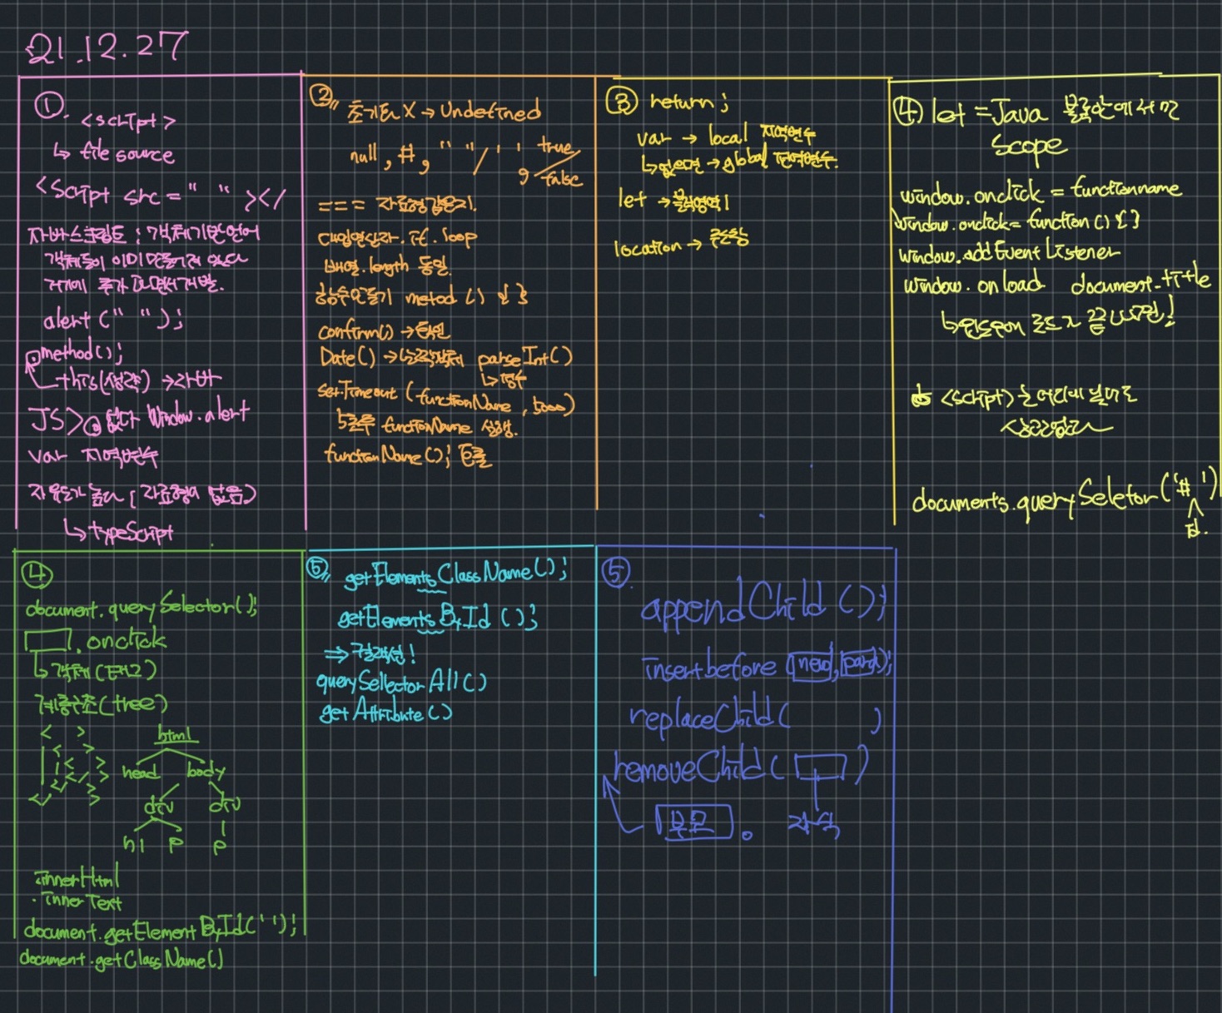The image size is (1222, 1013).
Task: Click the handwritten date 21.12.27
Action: [107, 48]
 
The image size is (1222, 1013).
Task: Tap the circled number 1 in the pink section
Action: [49, 107]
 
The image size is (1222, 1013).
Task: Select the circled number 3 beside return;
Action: [622, 102]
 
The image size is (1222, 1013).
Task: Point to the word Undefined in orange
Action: [490, 111]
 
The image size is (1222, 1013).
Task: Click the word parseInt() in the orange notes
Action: [524, 359]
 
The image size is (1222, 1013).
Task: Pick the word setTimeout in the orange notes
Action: [356, 390]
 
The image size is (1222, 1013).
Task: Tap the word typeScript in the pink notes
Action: [131, 532]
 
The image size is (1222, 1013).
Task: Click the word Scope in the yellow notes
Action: [1029, 146]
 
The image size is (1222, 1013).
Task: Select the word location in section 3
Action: [648, 247]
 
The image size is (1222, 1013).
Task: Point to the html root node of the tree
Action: [177, 735]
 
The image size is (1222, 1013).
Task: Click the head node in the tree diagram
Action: [140, 772]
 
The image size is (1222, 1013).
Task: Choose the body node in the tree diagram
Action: [206, 771]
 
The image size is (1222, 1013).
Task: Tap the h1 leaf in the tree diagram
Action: [134, 844]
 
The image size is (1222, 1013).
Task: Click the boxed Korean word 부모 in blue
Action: [693, 822]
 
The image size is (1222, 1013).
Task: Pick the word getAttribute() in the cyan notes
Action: [385, 713]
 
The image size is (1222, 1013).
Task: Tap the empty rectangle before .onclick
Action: [47, 641]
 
